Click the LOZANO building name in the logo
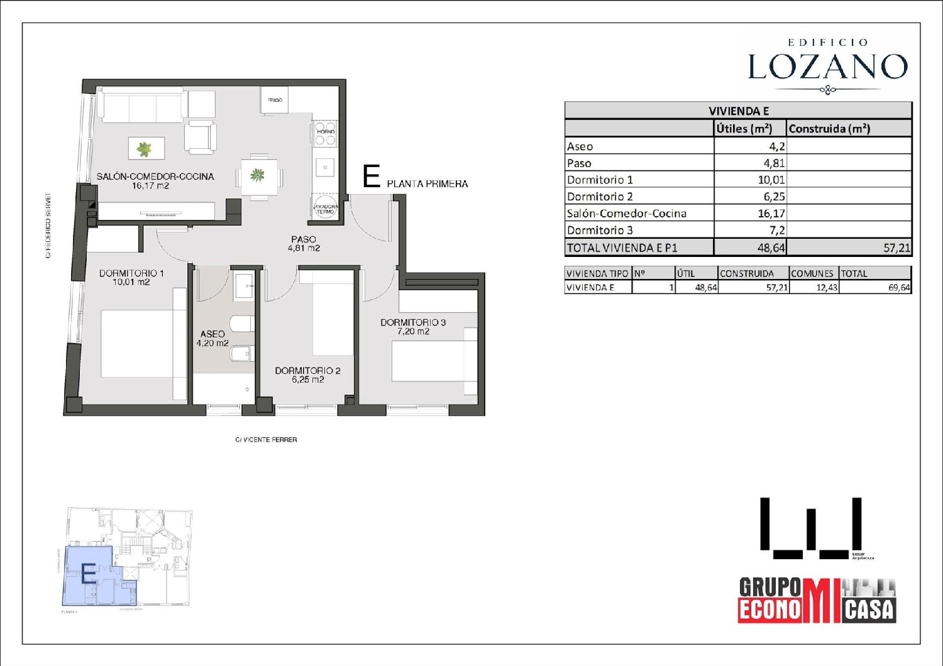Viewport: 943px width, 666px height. [x=827, y=67]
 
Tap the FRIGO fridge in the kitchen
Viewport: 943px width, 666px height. [x=275, y=100]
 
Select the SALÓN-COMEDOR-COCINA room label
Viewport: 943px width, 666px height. [x=155, y=177]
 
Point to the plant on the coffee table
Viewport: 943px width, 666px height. [x=145, y=149]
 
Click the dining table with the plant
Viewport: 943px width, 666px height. [x=258, y=175]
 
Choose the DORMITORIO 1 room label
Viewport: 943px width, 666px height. [x=131, y=273]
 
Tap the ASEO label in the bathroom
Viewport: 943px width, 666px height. [x=212, y=334]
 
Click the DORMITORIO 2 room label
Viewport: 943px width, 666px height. [x=307, y=371]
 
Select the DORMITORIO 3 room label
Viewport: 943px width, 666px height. [x=413, y=322]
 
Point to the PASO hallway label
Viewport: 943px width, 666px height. [x=304, y=239]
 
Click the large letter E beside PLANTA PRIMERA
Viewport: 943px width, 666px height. [x=372, y=177]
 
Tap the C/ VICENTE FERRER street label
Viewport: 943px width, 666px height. [x=266, y=440]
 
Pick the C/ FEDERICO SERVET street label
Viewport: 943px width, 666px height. [x=48, y=226]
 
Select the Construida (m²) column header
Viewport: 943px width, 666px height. [x=829, y=129]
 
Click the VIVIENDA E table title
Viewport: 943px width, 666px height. [x=738, y=111]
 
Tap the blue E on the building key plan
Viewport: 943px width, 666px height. [x=89, y=574]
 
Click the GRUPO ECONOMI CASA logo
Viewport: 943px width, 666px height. [x=816, y=601]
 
